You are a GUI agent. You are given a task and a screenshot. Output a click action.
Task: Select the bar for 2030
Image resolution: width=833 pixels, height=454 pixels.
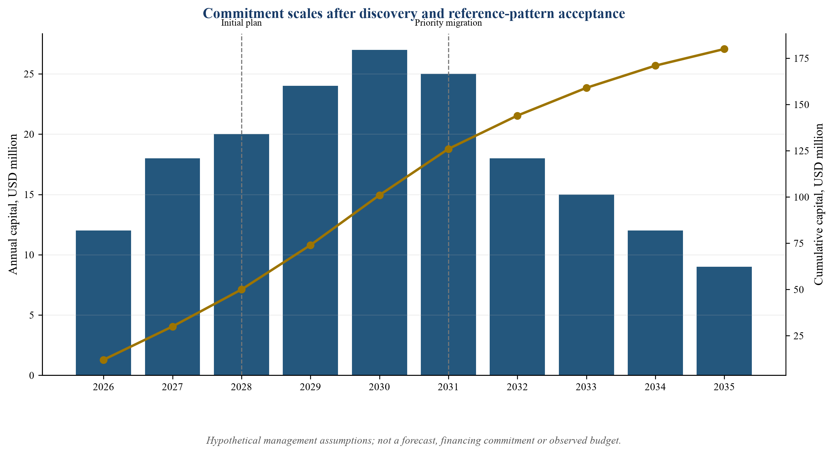[379, 213]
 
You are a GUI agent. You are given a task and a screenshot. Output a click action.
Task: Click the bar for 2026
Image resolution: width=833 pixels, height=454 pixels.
[103, 303]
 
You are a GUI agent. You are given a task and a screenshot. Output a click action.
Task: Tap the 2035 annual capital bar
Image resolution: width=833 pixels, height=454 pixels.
[724, 321]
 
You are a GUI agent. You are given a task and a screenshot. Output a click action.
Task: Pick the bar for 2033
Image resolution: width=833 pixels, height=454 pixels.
[586, 285]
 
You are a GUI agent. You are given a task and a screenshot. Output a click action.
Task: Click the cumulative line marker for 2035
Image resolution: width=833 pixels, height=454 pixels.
[724, 49]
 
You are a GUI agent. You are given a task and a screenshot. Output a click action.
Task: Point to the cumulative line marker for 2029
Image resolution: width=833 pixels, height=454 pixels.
[310, 245]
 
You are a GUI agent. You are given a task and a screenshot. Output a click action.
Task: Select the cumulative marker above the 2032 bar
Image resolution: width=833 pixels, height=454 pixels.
[517, 116]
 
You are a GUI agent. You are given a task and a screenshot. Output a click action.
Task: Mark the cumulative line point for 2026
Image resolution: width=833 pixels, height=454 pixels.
[103, 360]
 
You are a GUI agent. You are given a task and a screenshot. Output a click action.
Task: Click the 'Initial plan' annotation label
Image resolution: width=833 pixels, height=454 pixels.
[242, 23]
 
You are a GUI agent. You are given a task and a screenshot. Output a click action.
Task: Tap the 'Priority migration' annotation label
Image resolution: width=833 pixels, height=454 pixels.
[448, 23]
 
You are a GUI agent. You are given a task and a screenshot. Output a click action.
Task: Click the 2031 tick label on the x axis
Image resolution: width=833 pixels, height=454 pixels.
[448, 387]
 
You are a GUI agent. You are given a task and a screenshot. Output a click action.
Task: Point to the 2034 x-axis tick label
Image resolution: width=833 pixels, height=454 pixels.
[655, 387]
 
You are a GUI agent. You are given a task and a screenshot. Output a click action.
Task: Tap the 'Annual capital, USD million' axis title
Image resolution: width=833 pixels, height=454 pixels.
[13, 204]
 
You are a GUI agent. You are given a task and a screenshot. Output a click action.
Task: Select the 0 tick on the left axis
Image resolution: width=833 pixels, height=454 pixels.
[32, 376]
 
